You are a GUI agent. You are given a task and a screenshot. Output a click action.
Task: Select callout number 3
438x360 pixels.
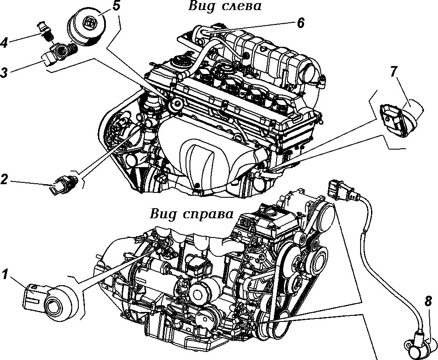point(4,72)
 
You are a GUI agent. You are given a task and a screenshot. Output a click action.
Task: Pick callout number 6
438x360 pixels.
point(300,23)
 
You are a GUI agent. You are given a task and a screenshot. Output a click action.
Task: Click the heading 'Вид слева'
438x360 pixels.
point(224,6)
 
